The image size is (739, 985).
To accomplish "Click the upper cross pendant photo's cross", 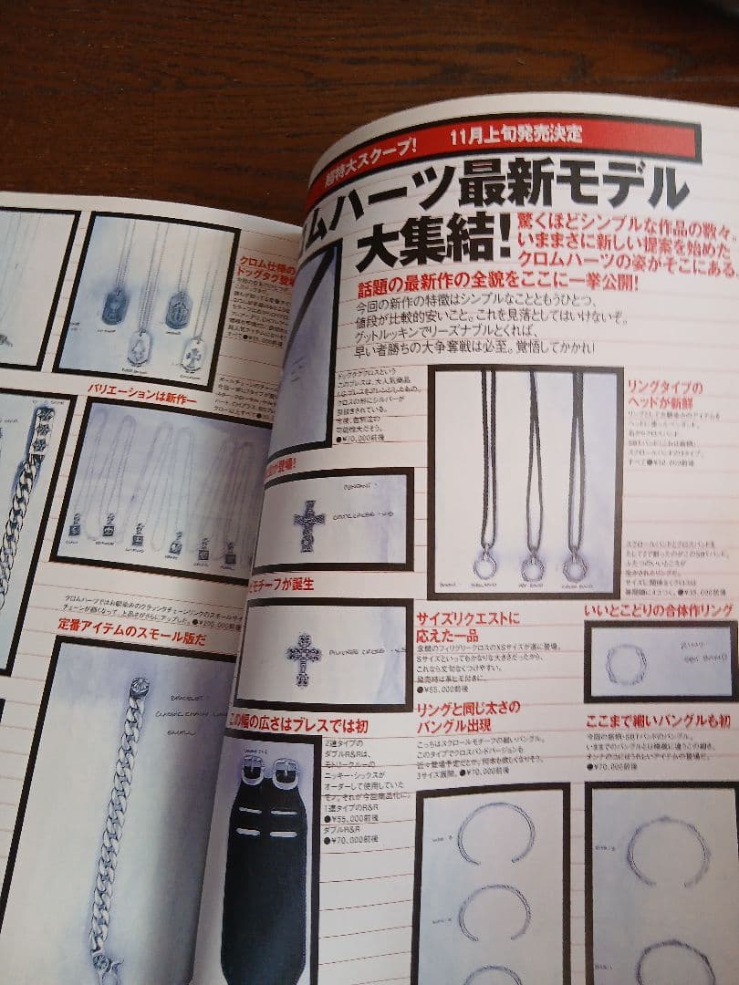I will (x=309, y=525).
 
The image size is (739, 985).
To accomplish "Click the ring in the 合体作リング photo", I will (x=625, y=665).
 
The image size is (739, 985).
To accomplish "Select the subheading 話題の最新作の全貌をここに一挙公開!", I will (x=497, y=284).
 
